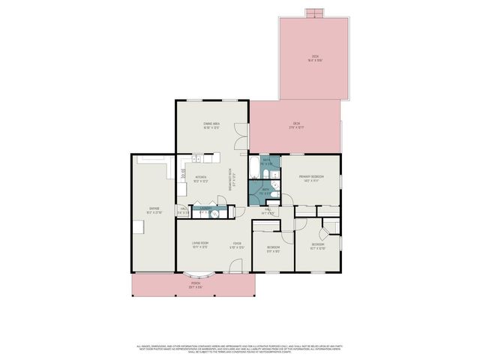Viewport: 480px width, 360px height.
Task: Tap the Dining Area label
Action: coord(211,125)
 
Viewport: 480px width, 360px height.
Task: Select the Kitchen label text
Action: coord(200,178)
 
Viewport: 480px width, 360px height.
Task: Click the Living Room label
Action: coord(199,244)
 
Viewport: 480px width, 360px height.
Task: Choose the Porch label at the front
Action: coord(195,285)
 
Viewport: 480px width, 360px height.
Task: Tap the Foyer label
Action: coord(235,244)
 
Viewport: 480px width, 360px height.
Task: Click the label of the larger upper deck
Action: coord(316,58)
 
